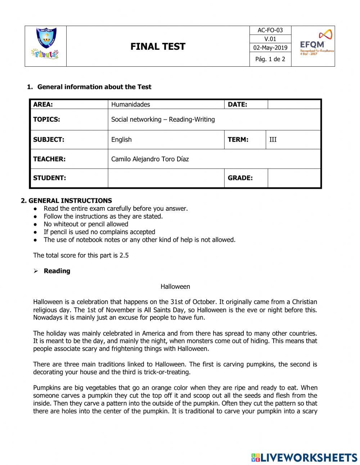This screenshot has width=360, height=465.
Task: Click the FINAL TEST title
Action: coord(158,46)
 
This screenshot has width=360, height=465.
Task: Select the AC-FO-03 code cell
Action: coord(270,30)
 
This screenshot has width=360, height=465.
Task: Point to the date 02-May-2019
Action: coord(270,48)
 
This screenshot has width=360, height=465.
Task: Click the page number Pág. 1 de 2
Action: coord(270,59)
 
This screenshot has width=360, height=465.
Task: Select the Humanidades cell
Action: coord(131,104)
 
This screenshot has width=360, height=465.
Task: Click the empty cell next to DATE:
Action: coord(294,104)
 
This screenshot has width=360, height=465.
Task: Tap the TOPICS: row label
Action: coord(47,120)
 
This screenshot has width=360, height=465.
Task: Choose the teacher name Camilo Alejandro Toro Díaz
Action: coord(150,159)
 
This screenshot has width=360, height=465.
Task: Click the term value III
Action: coord(273,139)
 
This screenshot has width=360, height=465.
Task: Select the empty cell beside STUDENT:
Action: coord(166,178)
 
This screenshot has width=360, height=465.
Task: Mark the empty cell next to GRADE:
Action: coord(294,178)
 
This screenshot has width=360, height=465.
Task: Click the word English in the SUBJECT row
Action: coord(121,139)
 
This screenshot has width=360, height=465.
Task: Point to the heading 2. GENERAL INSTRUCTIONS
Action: coord(66,201)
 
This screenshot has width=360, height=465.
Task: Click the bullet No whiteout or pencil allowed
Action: coord(86,224)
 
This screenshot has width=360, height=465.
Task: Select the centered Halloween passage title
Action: coord(175,287)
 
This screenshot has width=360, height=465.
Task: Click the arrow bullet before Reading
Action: coord(36,271)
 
